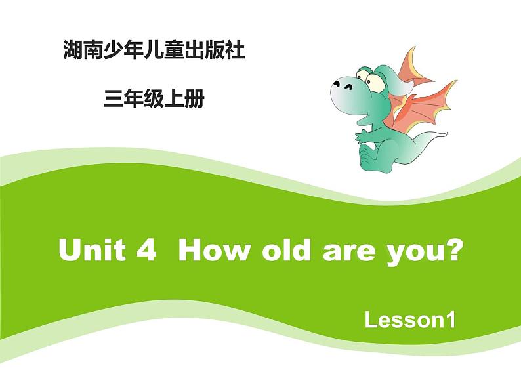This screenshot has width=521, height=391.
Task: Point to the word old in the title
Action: tap(283, 251)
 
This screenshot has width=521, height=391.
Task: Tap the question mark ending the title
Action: tap(449, 251)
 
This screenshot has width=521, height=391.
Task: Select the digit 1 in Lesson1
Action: tap(450, 321)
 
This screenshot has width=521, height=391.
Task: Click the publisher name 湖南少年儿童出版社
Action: tap(153, 51)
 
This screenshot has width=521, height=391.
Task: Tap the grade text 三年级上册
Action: tap(154, 99)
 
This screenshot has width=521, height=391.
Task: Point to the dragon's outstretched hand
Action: tap(360, 135)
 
